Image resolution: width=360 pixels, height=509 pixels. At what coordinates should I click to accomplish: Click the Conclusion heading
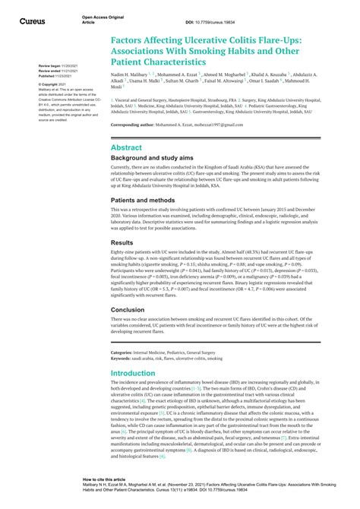pos(128,310)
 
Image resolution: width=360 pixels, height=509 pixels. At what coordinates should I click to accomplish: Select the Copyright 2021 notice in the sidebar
pos(53,84)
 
